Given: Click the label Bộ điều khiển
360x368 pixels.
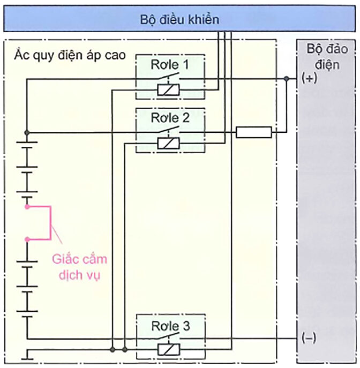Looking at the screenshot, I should tap(179, 20).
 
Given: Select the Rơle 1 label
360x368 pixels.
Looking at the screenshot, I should tap(170, 65).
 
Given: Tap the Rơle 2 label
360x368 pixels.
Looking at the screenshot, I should tap(170, 118).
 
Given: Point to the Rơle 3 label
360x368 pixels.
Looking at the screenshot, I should tap(170, 325).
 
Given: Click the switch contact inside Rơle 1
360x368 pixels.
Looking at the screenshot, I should tap(170, 78).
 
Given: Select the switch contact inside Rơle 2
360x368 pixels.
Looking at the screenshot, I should tap(170, 131).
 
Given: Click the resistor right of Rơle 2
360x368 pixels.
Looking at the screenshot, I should tap(253, 132).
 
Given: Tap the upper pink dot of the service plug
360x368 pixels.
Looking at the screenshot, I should tap(26, 206).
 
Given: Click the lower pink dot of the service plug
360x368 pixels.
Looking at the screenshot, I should tap(26, 239).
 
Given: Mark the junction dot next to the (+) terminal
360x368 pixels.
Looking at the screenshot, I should tap(287, 79).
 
